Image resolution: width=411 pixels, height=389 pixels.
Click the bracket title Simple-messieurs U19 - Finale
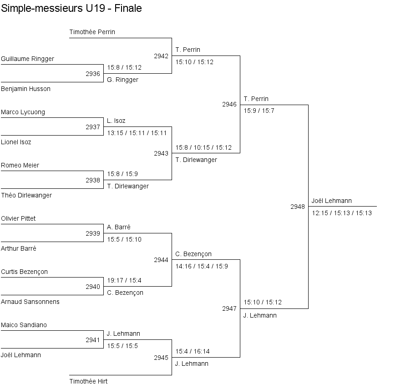(71, 8)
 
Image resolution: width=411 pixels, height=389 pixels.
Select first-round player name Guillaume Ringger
(28, 59)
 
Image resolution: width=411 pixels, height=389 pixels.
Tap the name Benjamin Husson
(26, 89)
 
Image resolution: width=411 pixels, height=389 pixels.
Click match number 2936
(93, 74)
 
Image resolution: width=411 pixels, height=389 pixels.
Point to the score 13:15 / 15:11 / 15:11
(137, 133)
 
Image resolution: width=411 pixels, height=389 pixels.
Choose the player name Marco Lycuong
(23, 112)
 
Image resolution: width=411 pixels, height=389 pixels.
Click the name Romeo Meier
(20, 165)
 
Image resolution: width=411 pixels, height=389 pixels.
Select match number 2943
(161, 153)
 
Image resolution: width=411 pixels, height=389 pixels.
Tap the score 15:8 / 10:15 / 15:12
(203, 147)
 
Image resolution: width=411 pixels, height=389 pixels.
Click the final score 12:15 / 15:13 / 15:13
(342, 213)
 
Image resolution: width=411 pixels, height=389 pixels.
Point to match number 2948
(298, 207)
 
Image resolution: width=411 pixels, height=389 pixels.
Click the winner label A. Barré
(119, 227)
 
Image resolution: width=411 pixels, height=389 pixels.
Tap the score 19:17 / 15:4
(124, 280)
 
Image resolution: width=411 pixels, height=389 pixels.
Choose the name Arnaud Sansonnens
(30, 302)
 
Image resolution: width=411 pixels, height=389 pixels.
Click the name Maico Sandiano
(24, 325)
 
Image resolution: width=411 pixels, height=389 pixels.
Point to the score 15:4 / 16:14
(193, 351)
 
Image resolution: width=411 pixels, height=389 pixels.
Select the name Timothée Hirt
(88, 381)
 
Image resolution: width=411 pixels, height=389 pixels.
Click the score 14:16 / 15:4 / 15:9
(202, 266)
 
